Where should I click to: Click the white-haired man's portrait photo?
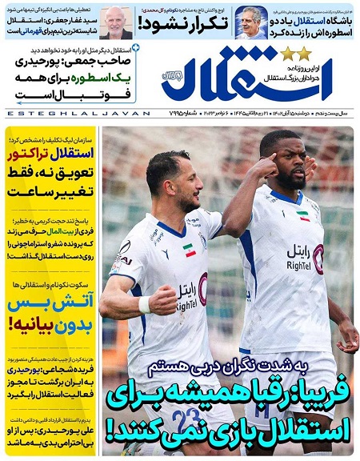[x=116, y=22]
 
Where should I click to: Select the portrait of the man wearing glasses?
[x=251, y=22]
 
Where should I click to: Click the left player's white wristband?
[x=144, y=305]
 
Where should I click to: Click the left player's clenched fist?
[x=164, y=299]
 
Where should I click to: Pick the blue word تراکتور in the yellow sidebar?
[x=37, y=152]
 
